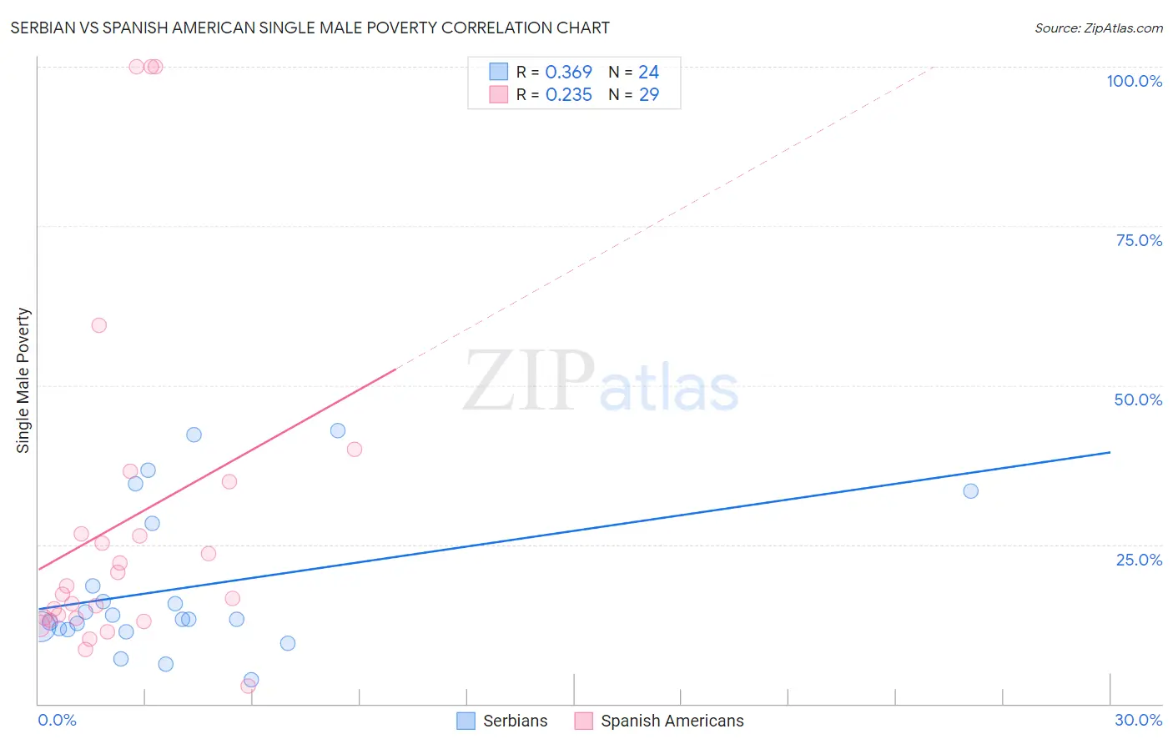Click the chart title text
310,28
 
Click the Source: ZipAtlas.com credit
1098,28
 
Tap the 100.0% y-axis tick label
1134,81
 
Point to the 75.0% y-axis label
1139,240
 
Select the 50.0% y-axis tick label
1138,400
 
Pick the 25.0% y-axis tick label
1139,560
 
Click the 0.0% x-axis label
57,720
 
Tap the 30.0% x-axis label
1138,720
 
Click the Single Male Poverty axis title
23,380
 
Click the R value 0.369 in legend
568,73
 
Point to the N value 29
648,95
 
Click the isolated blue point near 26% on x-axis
970,491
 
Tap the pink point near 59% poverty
99,325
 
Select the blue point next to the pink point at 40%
338,430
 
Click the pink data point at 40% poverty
355,450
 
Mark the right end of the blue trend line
1110,452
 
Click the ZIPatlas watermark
601,381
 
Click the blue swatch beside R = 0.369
498,72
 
